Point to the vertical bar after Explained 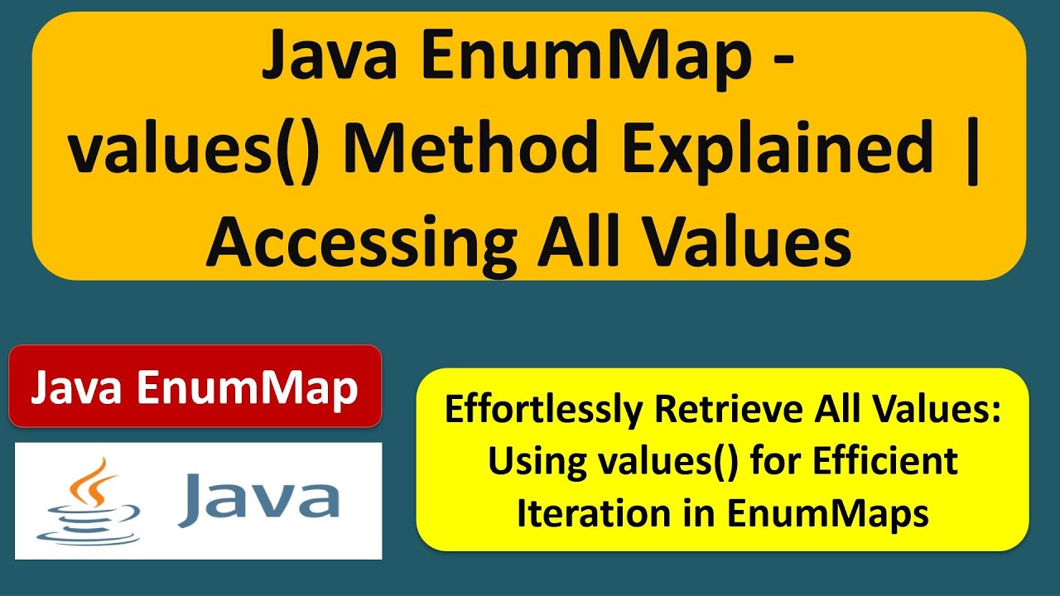[x=971, y=151]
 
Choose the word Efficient [x=886, y=462]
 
